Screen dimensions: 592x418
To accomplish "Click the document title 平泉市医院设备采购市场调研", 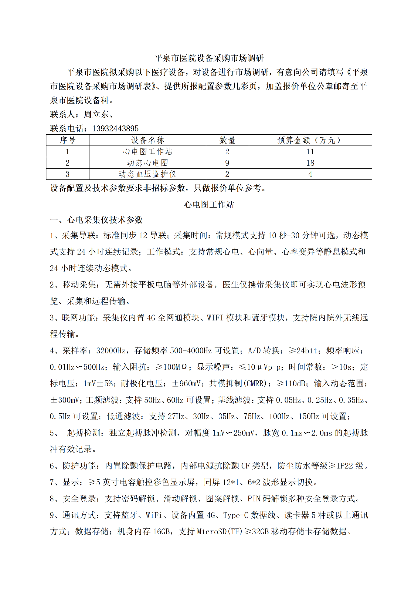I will pyautogui.click(x=209, y=58).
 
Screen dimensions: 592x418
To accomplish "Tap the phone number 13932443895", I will pyautogui.click(x=115, y=128).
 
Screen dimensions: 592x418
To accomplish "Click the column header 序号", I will pyautogui.click(x=68, y=140).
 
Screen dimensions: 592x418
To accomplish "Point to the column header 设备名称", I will pyautogui.click(x=147, y=140).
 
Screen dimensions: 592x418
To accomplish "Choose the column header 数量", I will pyautogui.click(x=227, y=140).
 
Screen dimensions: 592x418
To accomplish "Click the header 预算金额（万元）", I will pyautogui.click(x=310, y=140).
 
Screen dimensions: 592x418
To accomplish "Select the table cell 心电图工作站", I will pyautogui.click(x=147, y=152).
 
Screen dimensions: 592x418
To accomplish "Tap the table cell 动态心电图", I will pyautogui.click(x=147, y=163).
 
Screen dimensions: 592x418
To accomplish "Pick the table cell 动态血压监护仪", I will pyautogui.click(x=147, y=174).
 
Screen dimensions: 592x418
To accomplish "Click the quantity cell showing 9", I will pyautogui.click(x=227, y=163).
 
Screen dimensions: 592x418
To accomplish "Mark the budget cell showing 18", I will pyautogui.click(x=310, y=163).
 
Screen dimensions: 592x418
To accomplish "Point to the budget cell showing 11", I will pyautogui.click(x=310, y=152).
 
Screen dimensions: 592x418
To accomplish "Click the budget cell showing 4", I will pyautogui.click(x=310, y=174).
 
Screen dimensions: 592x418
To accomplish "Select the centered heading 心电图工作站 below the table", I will pyautogui.click(x=209, y=205).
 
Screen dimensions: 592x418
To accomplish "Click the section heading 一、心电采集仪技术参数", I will pyautogui.click(x=96, y=220).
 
